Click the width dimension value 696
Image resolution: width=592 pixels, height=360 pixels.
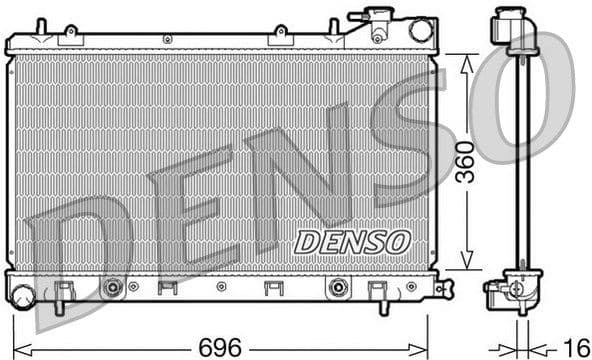point(219,347)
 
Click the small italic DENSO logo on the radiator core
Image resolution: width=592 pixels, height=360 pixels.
point(352,241)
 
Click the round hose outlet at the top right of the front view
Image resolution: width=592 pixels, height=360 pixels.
point(421,30)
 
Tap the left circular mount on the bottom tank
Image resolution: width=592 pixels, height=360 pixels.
point(113,288)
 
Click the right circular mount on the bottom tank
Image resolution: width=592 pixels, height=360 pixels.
point(337,288)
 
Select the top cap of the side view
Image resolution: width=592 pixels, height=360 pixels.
point(508,24)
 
